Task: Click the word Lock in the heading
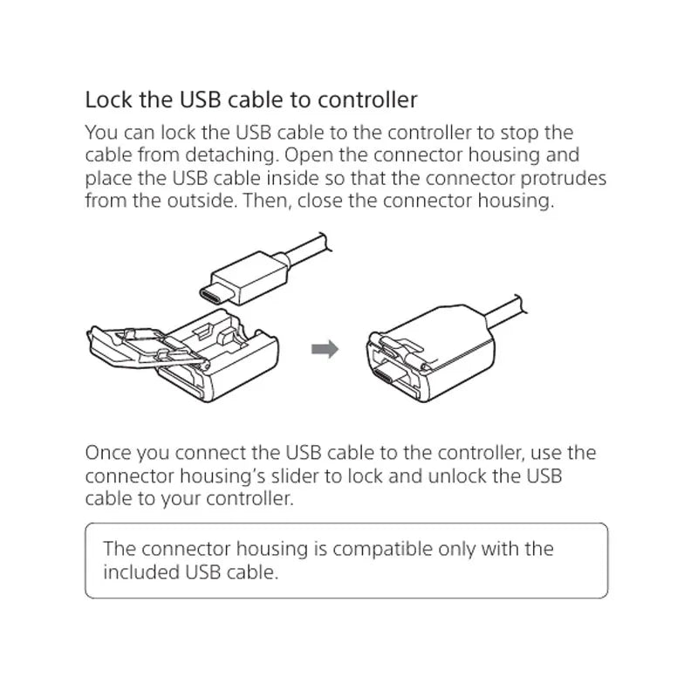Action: click(108, 99)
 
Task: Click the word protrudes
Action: click(563, 179)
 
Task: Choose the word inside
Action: click(292, 178)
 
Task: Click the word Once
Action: click(107, 453)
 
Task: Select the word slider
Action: click(295, 476)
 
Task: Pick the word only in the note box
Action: click(456, 550)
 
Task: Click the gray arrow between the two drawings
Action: click(325, 348)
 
